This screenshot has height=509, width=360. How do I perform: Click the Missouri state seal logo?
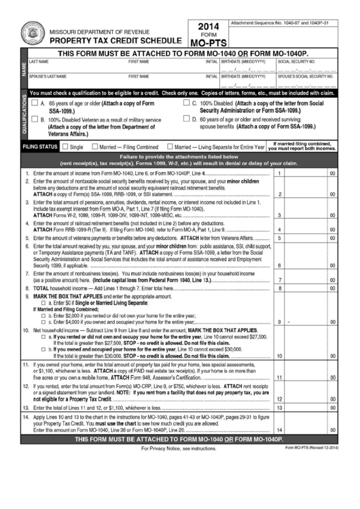point(31,31)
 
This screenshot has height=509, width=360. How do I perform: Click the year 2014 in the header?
point(208,27)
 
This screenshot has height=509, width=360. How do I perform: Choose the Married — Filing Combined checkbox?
point(95,147)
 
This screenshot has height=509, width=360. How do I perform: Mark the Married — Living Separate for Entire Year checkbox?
point(170,147)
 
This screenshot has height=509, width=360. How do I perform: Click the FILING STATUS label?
point(39,147)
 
